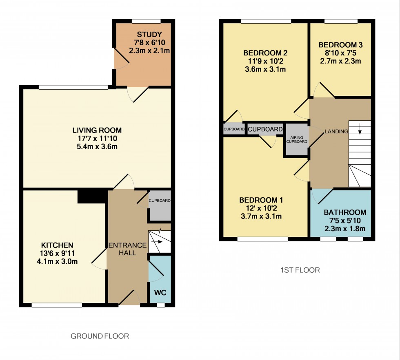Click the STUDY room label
(x=149, y=34)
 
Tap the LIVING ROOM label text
(x=97, y=130)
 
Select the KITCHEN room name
(x=57, y=245)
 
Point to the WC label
(x=160, y=293)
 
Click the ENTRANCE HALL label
(x=127, y=249)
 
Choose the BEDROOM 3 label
(x=340, y=45)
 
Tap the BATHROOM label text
(x=345, y=212)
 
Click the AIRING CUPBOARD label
(x=297, y=140)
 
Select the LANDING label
(x=336, y=131)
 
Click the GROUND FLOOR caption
(x=100, y=336)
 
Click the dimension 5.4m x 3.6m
(x=97, y=147)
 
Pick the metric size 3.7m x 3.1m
(x=261, y=216)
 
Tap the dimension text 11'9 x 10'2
(x=265, y=61)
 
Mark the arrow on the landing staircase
(x=360, y=130)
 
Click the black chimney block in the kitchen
(x=92, y=197)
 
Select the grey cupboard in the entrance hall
(x=159, y=206)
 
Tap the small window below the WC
(x=160, y=305)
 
